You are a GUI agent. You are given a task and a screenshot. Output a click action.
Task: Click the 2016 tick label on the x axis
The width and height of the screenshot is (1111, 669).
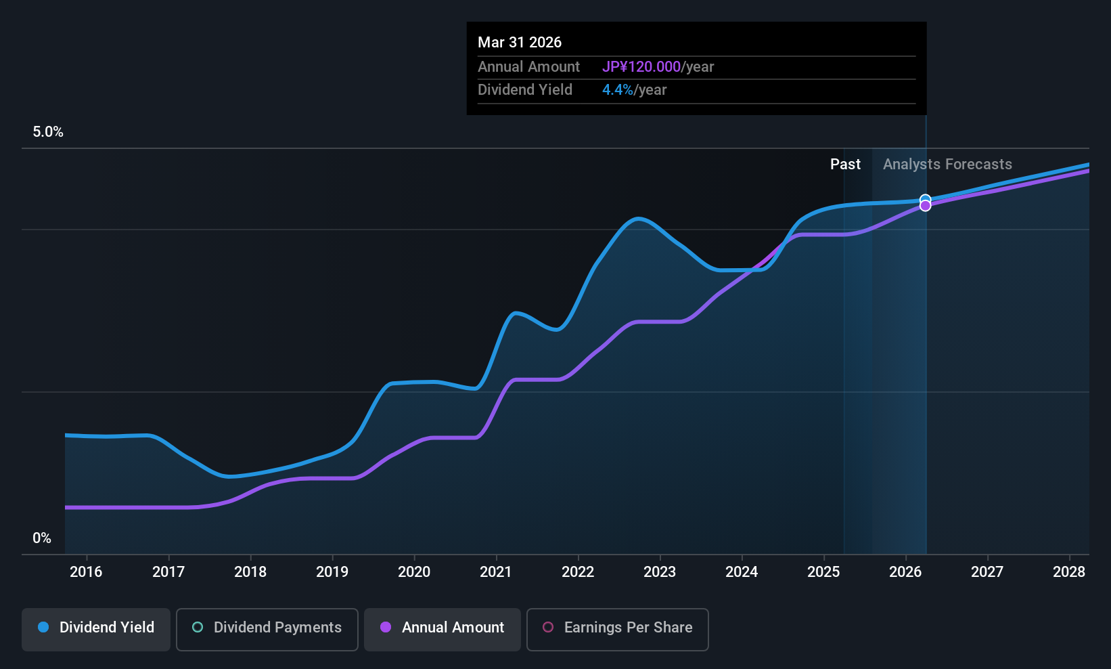coord(86,572)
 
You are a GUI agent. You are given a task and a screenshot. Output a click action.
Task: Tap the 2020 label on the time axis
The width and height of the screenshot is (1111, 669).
coord(414,572)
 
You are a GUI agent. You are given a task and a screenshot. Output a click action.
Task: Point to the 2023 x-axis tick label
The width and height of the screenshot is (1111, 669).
coord(660,572)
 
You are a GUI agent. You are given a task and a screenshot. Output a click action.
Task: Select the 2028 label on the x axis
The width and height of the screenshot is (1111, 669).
coord(1069,572)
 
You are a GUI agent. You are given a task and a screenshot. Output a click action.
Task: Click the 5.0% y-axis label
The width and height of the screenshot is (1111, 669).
coord(48,132)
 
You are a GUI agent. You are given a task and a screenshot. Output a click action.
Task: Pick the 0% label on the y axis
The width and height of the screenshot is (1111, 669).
coord(42,538)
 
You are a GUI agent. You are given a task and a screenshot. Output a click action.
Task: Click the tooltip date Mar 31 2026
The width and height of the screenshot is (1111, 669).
coord(520,43)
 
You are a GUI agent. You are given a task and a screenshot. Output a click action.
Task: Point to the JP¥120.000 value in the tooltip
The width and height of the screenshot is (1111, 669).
coord(641,67)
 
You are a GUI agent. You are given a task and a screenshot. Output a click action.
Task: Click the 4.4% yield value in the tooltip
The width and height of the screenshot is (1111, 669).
coord(618,90)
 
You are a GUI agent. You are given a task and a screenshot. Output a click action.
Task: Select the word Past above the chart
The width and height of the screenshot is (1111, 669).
coord(845,165)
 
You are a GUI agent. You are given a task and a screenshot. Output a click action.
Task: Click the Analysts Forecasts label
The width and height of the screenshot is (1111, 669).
coord(947,165)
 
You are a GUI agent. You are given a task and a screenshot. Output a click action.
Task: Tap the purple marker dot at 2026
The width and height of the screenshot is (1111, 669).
coord(925,206)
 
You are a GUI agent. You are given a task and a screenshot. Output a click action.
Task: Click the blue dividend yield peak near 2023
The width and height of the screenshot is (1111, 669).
coord(638,219)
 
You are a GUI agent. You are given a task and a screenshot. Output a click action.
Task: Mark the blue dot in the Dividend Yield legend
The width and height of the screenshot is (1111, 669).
coord(43,628)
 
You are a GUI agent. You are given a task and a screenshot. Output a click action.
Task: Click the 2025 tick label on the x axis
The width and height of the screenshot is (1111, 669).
coord(823,572)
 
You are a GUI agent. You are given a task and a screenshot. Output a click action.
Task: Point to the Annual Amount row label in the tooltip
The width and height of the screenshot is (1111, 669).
coord(528,67)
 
